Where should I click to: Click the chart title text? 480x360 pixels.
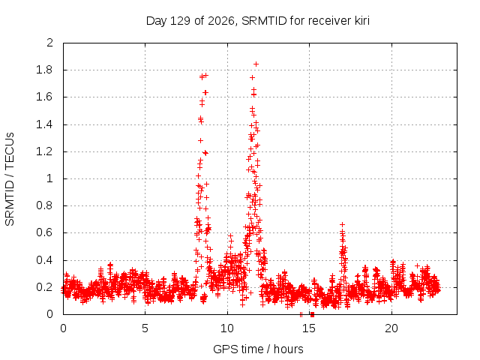tap(258, 21)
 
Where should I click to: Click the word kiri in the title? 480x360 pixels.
tap(362, 20)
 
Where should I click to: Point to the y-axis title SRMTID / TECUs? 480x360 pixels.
tap(10, 179)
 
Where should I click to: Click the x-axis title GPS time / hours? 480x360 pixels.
tap(258, 349)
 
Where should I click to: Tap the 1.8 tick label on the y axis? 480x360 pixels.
tap(44, 70)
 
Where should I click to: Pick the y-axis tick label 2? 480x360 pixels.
tap(49, 43)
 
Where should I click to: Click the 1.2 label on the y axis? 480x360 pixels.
tap(44, 151)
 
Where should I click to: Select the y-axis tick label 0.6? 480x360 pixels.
tap(44, 232)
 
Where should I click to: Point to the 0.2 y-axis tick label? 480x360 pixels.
tap(44, 287)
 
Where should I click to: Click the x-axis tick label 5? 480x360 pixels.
tap(145, 328)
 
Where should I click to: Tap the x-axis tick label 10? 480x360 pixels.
tap(227, 328)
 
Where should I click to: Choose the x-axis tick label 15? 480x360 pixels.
tap(309, 328)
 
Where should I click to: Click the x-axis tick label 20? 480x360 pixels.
tap(391, 328)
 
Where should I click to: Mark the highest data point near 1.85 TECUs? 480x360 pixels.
tap(256, 64)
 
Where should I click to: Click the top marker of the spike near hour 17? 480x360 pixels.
tap(343, 225)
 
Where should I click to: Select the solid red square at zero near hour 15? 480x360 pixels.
tap(312, 314)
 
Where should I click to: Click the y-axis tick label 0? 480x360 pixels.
tap(49, 314)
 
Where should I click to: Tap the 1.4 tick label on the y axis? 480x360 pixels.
tap(44, 124)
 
